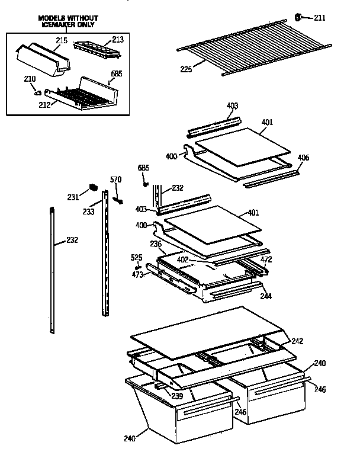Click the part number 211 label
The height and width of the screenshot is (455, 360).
pos(320,18)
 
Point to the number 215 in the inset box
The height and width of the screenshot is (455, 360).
pos(62,40)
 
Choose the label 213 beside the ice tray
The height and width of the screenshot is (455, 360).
pos(117,40)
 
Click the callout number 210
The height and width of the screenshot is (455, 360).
pos(30,79)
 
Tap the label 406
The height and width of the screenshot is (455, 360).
pos(303,158)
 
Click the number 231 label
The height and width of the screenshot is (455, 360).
pos(73,197)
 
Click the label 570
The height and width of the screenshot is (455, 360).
pos(116,180)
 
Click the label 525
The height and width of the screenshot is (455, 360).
pos(137,257)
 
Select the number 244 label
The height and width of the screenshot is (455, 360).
pos(266,296)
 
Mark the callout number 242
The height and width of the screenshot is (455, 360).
pos(298,341)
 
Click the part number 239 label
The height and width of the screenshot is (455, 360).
pos(176,396)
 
